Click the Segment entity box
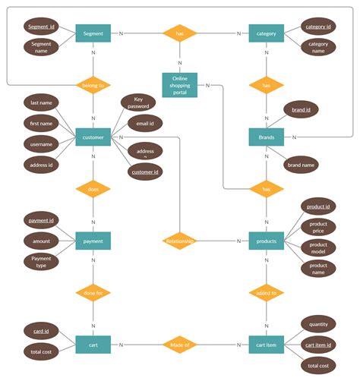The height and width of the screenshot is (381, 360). point(93,33)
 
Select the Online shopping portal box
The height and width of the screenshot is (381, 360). point(180,85)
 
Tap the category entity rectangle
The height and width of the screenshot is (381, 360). point(266,33)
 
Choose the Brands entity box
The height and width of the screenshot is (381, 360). point(266,137)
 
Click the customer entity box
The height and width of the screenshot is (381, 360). point(93,137)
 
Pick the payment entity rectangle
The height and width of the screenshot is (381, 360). point(93,241)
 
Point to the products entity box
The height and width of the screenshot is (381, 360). point(266,241)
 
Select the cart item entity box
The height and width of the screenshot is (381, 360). point(266,345)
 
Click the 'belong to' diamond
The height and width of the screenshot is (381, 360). point(93,86)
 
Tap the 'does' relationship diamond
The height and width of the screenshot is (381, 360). point(93,189)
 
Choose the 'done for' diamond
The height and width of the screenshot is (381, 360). point(93,292)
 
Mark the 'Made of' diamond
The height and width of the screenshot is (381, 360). point(180,345)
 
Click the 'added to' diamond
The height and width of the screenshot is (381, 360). point(266,292)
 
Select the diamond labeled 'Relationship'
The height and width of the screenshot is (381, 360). point(180,241)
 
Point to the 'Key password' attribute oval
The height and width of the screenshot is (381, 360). point(138,103)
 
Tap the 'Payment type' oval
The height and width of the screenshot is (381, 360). point(41,262)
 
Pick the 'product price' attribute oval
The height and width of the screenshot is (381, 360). point(317,227)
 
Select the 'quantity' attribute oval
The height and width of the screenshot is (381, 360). point(319,324)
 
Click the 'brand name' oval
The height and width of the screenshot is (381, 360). point(301,164)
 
